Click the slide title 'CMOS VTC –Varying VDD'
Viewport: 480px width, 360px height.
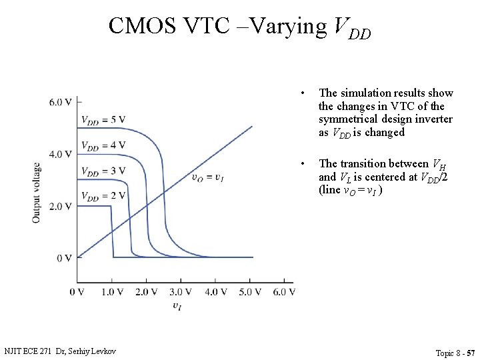point(239,27)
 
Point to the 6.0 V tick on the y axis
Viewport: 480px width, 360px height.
point(60,102)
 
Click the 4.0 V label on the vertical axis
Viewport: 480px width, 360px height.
point(60,154)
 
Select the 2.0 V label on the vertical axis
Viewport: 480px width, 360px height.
point(60,206)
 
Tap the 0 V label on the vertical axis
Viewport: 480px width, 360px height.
point(64,258)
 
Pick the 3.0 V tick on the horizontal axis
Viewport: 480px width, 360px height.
point(180,291)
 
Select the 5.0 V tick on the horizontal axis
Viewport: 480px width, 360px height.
point(249,291)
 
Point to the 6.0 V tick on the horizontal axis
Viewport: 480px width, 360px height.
point(283,291)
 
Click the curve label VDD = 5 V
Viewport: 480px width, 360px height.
point(103,120)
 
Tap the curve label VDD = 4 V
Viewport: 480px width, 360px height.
point(103,145)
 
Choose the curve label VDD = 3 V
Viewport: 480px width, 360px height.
point(103,171)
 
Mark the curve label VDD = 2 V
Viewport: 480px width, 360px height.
point(103,195)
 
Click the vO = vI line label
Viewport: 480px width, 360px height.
point(207,177)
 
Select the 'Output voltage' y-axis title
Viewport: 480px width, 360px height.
point(37,192)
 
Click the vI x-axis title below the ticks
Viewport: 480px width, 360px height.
point(177,306)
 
